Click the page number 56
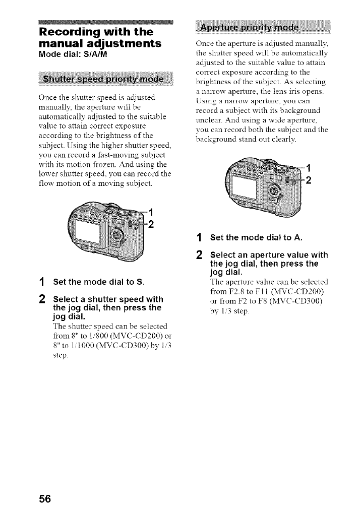[x=44, y=499]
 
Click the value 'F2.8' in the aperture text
[x=245, y=291]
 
